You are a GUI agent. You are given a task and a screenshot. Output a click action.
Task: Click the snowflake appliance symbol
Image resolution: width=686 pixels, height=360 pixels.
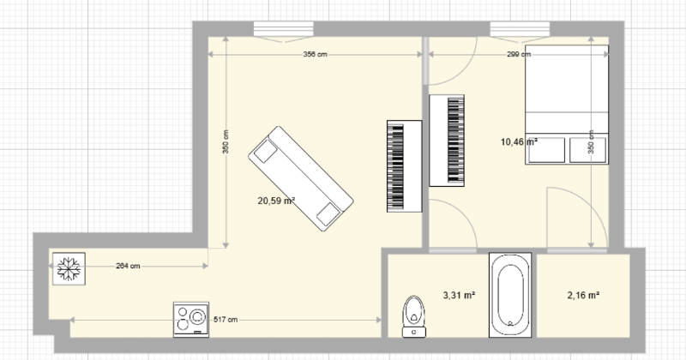click(x=69, y=268)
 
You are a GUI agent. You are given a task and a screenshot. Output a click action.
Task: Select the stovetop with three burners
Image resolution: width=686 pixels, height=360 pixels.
click(x=191, y=320)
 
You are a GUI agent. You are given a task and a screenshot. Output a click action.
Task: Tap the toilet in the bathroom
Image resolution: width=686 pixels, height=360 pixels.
click(x=414, y=316)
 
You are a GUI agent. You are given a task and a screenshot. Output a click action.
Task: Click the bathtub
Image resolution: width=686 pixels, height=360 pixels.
click(x=510, y=295)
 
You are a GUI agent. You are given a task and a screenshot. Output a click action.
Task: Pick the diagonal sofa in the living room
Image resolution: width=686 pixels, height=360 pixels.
click(x=301, y=178)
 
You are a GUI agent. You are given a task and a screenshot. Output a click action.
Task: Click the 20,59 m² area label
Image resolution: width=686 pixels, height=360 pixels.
click(x=276, y=201)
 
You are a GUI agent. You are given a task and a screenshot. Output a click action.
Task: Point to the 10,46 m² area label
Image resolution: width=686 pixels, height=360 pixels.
click(x=519, y=141)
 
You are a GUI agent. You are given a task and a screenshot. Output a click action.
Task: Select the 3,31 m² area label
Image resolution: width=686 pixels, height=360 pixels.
click(x=460, y=295)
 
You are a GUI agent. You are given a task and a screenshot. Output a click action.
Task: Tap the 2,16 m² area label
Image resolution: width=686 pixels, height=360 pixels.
click(x=583, y=295)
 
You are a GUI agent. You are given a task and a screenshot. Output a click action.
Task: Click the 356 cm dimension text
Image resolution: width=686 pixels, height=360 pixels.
click(x=315, y=54)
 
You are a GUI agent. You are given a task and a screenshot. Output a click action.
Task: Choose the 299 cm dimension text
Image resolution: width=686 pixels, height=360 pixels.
click(x=519, y=54)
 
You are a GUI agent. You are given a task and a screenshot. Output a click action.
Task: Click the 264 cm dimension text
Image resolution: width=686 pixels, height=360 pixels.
click(x=128, y=266)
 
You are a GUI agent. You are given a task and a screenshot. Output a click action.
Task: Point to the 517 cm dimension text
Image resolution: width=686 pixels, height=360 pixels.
click(x=226, y=320)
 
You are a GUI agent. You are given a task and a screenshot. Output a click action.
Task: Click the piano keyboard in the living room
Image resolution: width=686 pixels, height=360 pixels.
click(x=404, y=166)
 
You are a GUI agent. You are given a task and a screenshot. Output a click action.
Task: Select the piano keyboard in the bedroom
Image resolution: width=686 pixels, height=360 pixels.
click(x=447, y=141)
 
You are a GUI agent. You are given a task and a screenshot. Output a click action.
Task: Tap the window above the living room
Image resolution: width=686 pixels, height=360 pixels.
click(x=284, y=31)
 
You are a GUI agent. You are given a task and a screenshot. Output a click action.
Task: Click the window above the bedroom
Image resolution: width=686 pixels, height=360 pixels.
click(x=520, y=31)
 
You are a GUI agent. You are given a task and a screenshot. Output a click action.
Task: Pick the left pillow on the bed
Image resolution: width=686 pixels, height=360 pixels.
click(x=546, y=150)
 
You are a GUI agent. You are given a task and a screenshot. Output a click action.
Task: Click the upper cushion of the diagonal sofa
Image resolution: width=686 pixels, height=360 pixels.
click(x=265, y=152)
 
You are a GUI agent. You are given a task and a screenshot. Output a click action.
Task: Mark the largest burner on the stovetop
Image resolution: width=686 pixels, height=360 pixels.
click(x=198, y=316)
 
